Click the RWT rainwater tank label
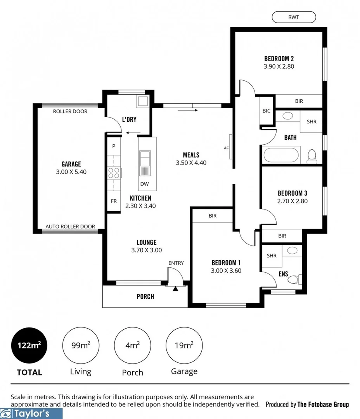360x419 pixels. (x=294, y=17)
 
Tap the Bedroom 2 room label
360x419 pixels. (x=279, y=59)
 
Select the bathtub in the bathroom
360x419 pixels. (x=281, y=156)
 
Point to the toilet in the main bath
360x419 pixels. (x=312, y=156)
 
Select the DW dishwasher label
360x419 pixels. (x=144, y=184)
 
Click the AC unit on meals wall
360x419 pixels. (x=230, y=147)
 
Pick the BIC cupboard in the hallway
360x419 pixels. (x=266, y=111)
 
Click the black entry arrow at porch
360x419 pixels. (x=175, y=289)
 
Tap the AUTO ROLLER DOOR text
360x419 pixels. (x=70, y=227)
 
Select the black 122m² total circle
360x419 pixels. (x=29, y=345)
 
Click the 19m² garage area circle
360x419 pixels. (x=184, y=345)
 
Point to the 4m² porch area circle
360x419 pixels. (x=132, y=345)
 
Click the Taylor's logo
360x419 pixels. (x=31, y=413)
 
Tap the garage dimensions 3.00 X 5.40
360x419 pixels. (x=71, y=171)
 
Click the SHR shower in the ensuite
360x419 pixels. (x=272, y=256)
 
